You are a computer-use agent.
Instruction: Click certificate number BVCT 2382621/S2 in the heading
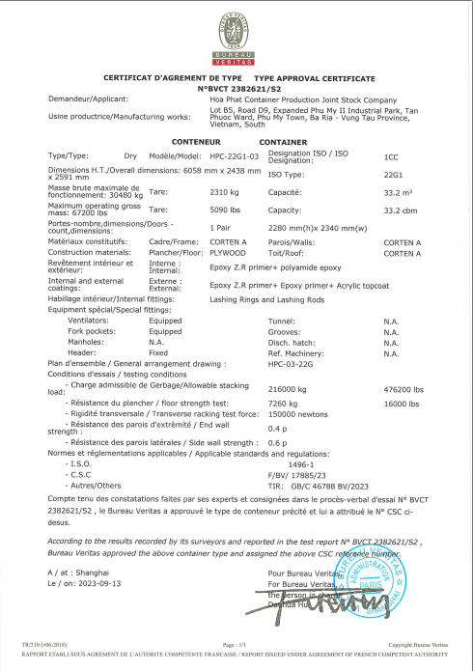pyautogui.click(x=236, y=88)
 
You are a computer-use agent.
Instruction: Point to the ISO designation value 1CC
pyautogui.click(x=391, y=155)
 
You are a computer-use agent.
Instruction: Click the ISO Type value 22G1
pyautogui.click(x=392, y=175)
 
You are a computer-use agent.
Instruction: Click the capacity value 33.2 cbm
pyautogui.click(x=398, y=209)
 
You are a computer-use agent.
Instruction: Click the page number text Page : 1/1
pyautogui.click(x=236, y=642)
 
